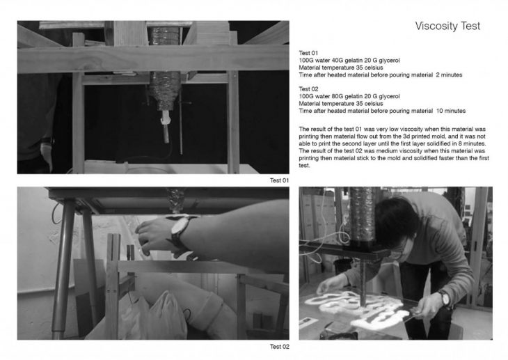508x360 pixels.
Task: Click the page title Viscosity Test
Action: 447,26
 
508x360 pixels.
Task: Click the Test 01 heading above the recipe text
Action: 308,53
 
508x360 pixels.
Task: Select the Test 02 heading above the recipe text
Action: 308,89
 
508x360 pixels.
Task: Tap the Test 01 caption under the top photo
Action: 279,180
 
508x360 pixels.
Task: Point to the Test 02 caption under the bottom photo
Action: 280,347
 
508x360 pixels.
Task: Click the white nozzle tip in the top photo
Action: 165,118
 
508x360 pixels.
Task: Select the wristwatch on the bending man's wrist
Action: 445,298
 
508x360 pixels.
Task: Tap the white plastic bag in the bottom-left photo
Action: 165,316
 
